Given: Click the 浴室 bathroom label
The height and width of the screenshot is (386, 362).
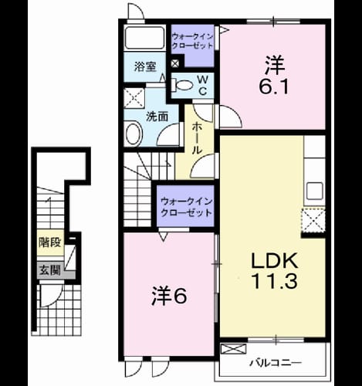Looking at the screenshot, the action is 145,67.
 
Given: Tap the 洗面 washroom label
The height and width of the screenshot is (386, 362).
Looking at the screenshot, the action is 157,117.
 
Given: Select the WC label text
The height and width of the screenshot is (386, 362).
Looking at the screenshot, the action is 203,86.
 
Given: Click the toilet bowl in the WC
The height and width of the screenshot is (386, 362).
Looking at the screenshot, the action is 182,85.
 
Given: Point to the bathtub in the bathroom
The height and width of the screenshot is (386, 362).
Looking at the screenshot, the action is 144,38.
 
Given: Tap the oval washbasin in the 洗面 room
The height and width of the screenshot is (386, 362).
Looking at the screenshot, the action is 134,134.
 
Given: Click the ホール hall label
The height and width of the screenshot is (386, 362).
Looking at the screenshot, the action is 197,138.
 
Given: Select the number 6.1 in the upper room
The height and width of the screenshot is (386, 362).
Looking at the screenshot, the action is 274,86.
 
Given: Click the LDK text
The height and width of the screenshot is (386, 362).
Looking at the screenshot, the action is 275,260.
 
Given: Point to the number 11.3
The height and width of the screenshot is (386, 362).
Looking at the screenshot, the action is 275,280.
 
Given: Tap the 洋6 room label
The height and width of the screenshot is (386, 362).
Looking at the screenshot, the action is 169,296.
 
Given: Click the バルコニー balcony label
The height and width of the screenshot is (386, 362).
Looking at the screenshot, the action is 276,363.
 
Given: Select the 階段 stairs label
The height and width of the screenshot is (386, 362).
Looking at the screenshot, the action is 50,242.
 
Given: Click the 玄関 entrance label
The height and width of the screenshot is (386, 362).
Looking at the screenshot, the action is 50,270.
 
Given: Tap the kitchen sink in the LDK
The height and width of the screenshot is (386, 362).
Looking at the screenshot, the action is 315,191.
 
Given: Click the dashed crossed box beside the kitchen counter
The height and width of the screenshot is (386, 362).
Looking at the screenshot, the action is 313,221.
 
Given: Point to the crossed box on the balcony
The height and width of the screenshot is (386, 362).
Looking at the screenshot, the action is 233,349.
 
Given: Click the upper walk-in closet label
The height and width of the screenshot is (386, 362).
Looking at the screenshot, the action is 192,41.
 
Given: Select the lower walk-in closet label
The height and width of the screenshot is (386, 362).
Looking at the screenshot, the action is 186,207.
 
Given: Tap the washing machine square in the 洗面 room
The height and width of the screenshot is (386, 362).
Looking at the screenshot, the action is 134,98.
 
